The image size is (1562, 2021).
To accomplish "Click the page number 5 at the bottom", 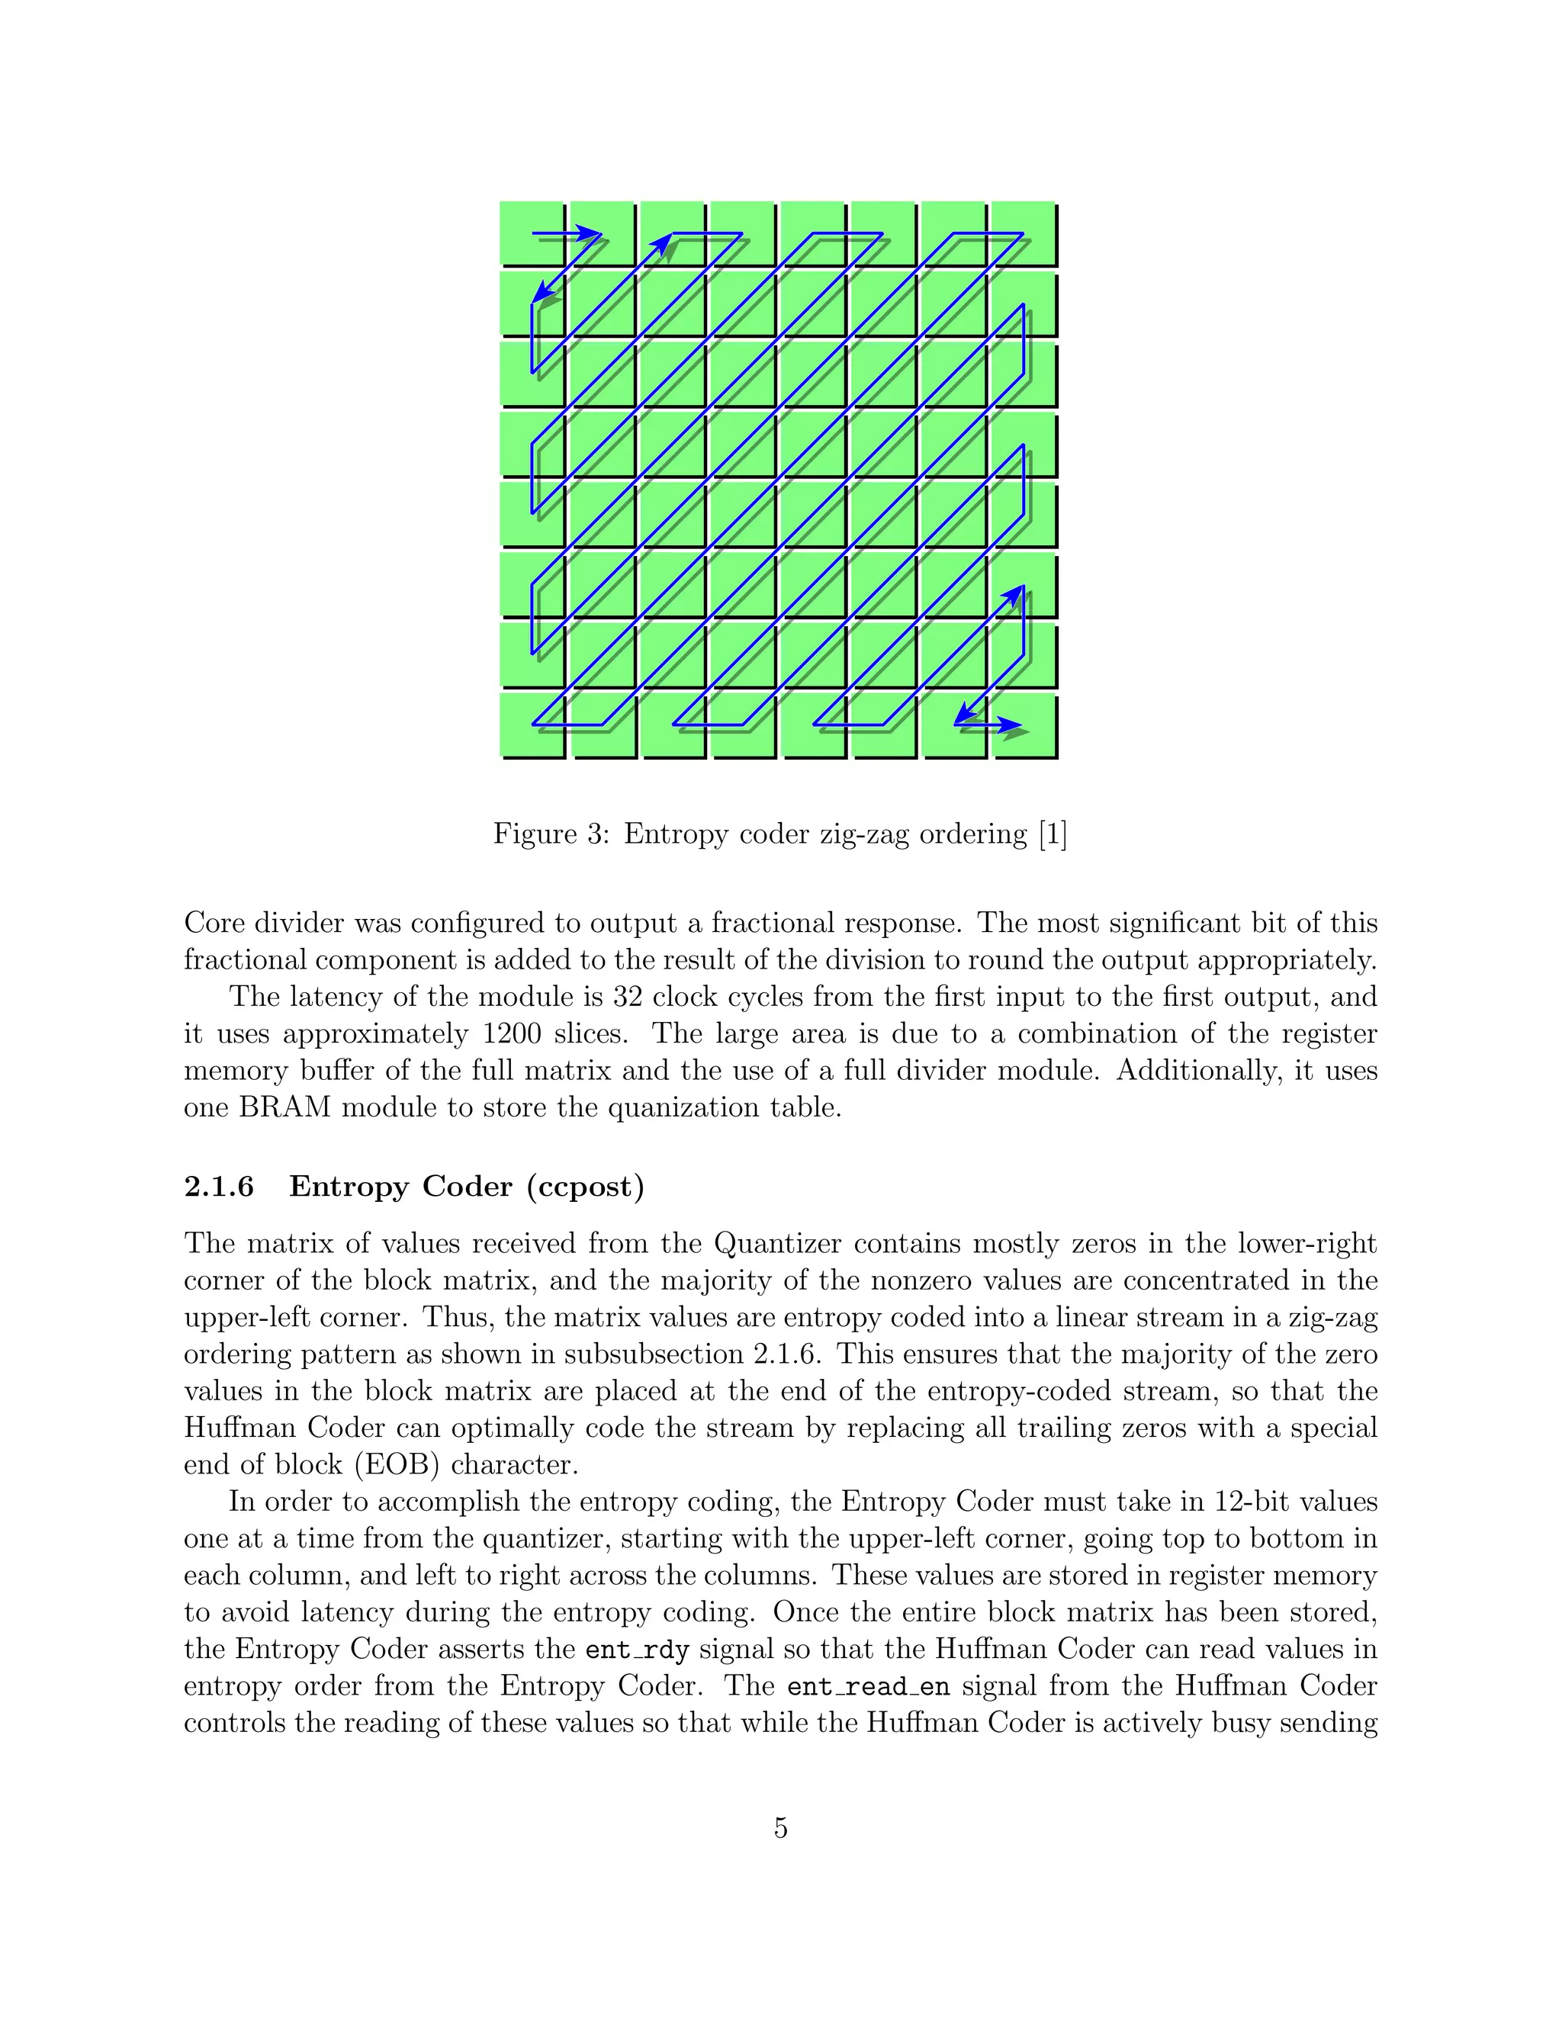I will pos(780,1827).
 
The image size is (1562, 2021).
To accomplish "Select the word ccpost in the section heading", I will pos(585,1187).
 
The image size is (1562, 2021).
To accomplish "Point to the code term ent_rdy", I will pos(638,1650).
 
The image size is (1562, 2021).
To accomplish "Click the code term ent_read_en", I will pos(868,1687).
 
